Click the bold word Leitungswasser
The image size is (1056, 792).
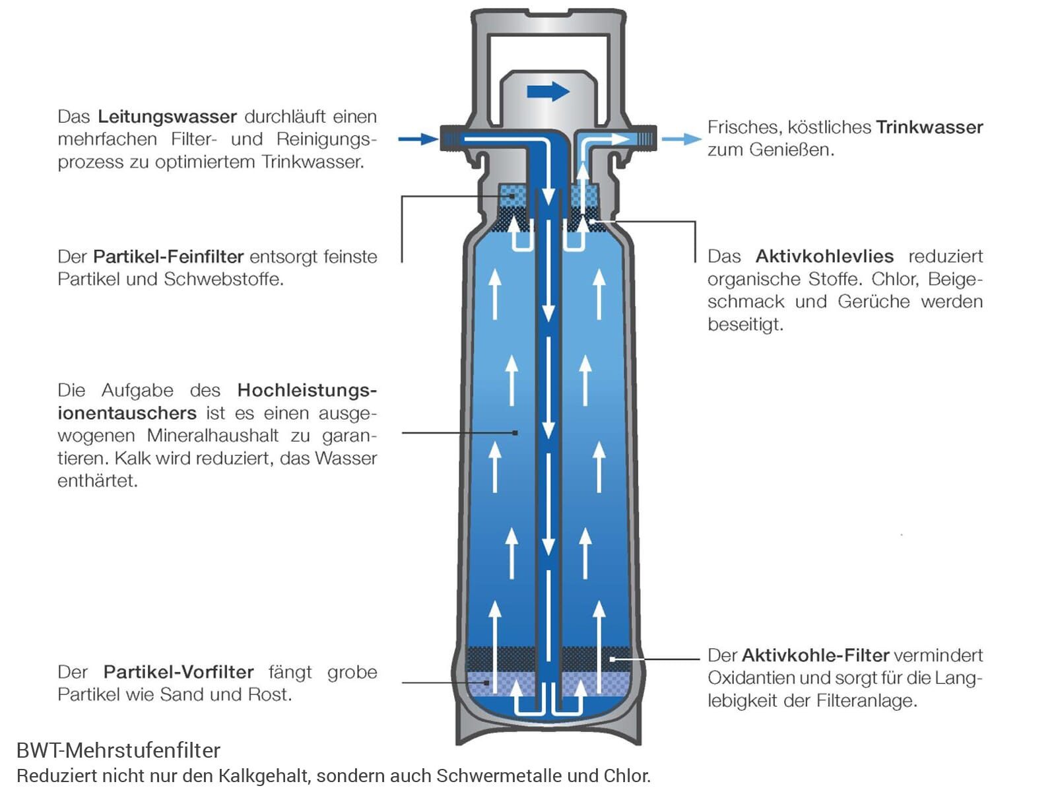pyautogui.click(x=167, y=117)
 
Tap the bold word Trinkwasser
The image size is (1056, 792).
pyautogui.click(x=929, y=127)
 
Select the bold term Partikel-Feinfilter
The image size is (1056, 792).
pyautogui.click(x=168, y=256)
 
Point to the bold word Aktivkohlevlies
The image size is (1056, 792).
pyautogui.click(x=824, y=256)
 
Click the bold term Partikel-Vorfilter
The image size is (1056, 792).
pyautogui.click(x=178, y=672)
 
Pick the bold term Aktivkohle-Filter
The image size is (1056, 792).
pyautogui.click(x=815, y=655)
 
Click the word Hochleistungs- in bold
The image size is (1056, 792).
pyautogui.click(x=307, y=390)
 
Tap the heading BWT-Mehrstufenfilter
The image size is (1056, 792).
pyautogui.click(x=118, y=750)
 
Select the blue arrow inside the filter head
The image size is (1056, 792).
pyautogui.click(x=548, y=91)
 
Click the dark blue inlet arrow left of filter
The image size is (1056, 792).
pyautogui.click(x=418, y=139)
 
